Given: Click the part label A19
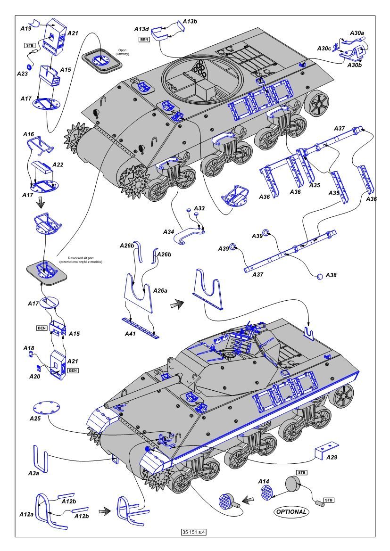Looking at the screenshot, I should (x=26, y=28).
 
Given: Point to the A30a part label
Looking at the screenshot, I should (x=357, y=33).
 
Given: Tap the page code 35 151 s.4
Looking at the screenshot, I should (x=195, y=532).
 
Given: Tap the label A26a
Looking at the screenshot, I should (x=160, y=290).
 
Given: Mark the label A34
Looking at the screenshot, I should (x=170, y=232).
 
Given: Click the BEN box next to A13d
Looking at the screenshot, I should (x=144, y=39).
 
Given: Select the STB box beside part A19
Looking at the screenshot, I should (x=30, y=45).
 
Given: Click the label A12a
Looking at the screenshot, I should (x=26, y=514).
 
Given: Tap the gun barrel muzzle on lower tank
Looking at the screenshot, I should (x=107, y=405).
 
